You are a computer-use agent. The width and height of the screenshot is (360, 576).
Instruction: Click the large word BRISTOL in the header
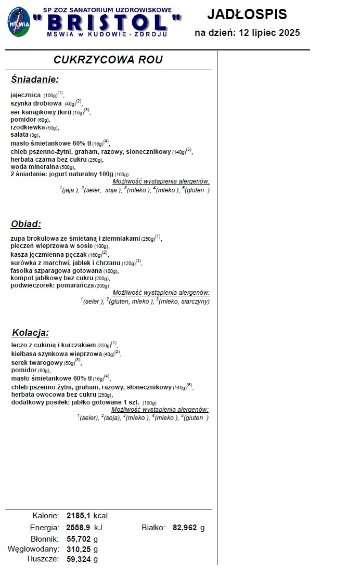pyautogui.click(x=107, y=23)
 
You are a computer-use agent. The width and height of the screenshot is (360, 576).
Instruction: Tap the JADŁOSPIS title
pyautogui.click(x=247, y=14)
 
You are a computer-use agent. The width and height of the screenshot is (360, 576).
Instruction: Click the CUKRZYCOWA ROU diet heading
pyautogui.click(x=108, y=60)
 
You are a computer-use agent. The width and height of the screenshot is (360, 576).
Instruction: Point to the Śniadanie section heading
pyautogui.click(x=35, y=80)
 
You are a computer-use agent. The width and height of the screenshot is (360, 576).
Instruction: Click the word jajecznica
pyautogui.click(x=25, y=95)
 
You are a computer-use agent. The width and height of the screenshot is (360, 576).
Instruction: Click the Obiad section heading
pyautogui.click(x=26, y=225)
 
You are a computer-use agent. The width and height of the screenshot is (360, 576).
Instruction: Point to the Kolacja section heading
pyautogui.click(x=30, y=333)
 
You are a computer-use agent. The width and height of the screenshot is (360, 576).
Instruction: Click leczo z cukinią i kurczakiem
pyautogui.click(x=54, y=345)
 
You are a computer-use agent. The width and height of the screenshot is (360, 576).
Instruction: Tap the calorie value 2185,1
pyautogui.click(x=79, y=516)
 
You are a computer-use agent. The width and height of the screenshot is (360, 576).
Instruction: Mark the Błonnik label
pyautogui.click(x=44, y=539)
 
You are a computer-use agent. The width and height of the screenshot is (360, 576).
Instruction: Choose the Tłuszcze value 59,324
pyautogui.click(x=79, y=559)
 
